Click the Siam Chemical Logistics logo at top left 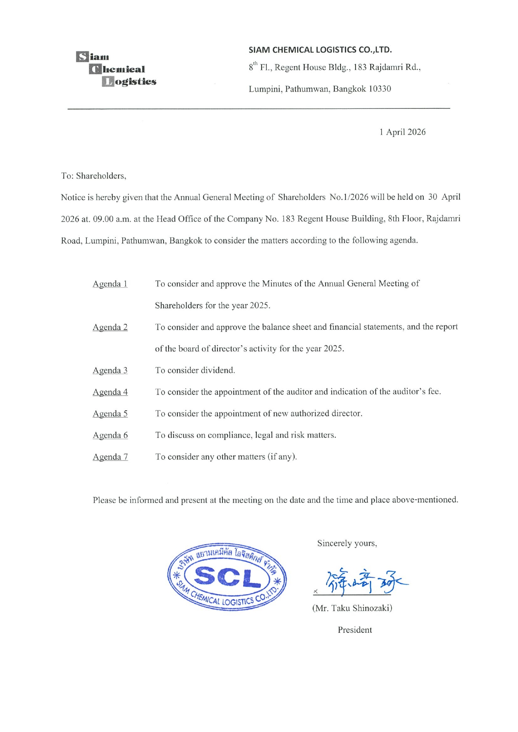tap(116, 69)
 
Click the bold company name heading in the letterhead tap(320, 50)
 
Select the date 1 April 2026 tap(402, 132)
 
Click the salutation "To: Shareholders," tap(93, 176)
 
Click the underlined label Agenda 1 tap(110, 284)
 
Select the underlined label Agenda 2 tap(110, 327)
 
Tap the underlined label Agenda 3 tap(110, 370)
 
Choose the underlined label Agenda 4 tap(110, 392)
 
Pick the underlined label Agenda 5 tap(110, 414)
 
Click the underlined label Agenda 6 tap(110, 435)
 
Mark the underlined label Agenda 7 tap(110, 457)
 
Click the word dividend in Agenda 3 tap(218, 370)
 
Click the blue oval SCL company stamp tap(227, 577)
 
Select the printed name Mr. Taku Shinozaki tap(352, 608)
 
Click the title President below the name tap(355, 630)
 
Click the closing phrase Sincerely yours tap(347, 543)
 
